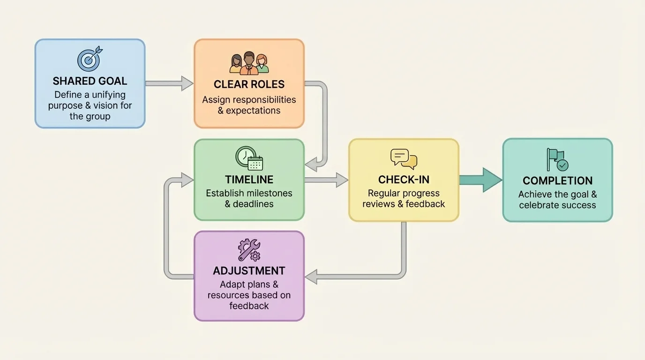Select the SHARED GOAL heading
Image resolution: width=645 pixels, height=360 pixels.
(x=90, y=81)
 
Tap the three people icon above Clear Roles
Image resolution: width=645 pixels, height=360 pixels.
(x=249, y=63)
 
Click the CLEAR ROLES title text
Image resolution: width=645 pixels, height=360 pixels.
(x=249, y=84)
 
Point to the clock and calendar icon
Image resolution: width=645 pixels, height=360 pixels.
(x=249, y=158)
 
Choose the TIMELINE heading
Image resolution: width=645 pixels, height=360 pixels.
(x=249, y=180)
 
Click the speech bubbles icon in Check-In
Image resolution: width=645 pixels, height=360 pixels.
(x=404, y=159)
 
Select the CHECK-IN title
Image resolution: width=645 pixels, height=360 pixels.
(x=404, y=180)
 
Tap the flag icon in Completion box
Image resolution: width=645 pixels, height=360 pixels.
(x=557, y=160)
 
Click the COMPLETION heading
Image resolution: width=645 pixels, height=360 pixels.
(x=557, y=180)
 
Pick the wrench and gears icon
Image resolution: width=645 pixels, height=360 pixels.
(x=249, y=250)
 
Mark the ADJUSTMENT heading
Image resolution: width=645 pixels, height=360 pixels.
(x=249, y=271)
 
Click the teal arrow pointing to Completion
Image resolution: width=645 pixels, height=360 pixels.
(x=480, y=180)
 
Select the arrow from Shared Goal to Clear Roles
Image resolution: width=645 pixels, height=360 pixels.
(x=169, y=83)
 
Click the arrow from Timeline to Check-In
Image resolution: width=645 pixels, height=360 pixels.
(x=326, y=180)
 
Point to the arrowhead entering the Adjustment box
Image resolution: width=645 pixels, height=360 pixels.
(x=311, y=277)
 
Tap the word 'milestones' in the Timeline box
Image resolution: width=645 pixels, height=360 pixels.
(x=270, y=193)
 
